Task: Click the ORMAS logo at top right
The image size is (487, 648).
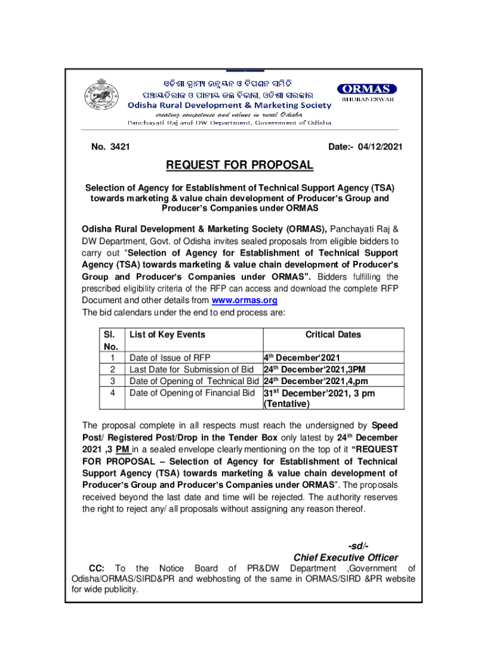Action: (367, 89)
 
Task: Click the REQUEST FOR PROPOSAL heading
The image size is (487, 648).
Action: (239, 166)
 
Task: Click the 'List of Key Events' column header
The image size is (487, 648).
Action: (167, 335)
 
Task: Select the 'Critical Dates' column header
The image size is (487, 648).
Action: (333, 335)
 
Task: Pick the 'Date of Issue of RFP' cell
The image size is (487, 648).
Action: (170, 358)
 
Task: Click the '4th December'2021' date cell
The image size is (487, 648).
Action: (302, 358)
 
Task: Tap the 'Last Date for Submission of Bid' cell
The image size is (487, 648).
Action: (192, 370)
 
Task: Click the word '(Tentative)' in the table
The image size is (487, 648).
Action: (287, 405)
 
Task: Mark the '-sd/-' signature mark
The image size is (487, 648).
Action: (358, 546)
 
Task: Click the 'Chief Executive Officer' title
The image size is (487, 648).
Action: (346, 558)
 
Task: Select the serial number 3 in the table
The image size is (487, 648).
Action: (113, 381)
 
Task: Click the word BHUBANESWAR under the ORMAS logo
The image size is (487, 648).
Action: (367, 100)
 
